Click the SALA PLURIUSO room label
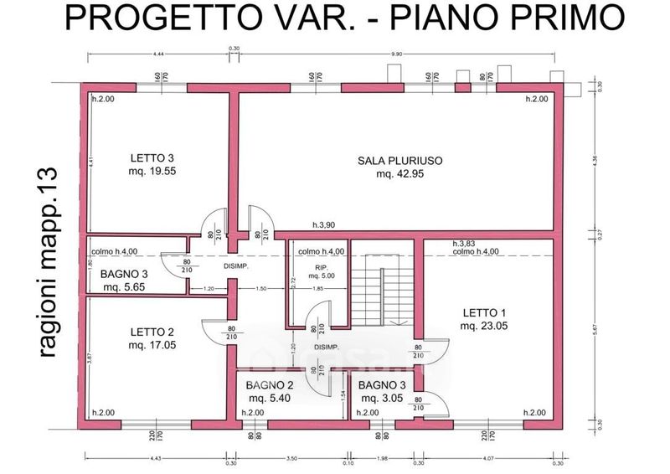pyautogui.click(x=399, y=159)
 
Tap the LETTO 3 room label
pyautogui.click(x=152, y=157)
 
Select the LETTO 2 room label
pyautogui.click(x=152, y=331)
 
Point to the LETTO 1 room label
pyautogui.click(x=485, y=313)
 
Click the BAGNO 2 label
pyautogui.click(x=269, y=385)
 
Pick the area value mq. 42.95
pyautogui.click(x=399, y=173)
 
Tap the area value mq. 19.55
pyautogui.click(x=152, y=171)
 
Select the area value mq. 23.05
pyautogui.click(x=485, y=326)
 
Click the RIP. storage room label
pyautogui.click(x=320, y=267)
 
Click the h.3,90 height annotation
pyautogui.click(x=324, y=226)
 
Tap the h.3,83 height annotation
pyautogui.click(x=463, y=243)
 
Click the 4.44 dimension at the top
pyautogui.click(x=158, y=54)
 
